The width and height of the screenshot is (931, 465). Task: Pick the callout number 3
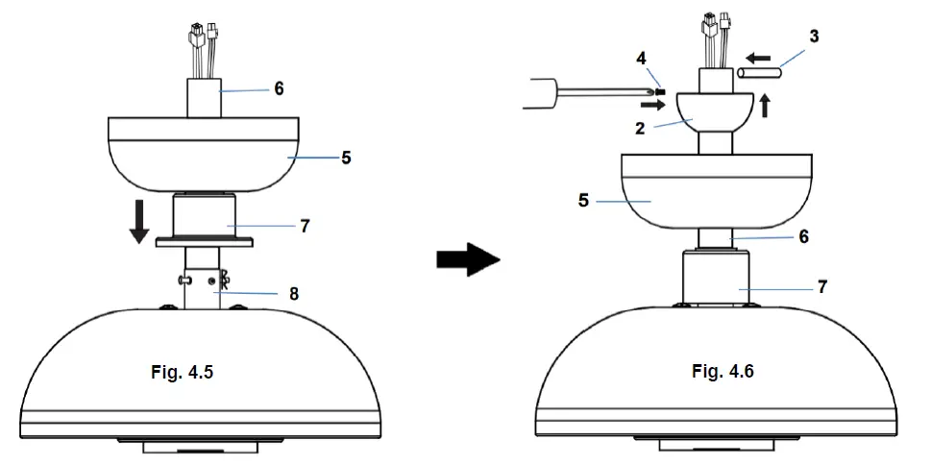coord(814,37)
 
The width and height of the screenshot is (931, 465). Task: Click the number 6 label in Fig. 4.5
coord(279,87)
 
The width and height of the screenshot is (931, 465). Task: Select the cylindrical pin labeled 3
coord(758,72)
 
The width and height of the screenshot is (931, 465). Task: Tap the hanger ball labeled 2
coord(713,111)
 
